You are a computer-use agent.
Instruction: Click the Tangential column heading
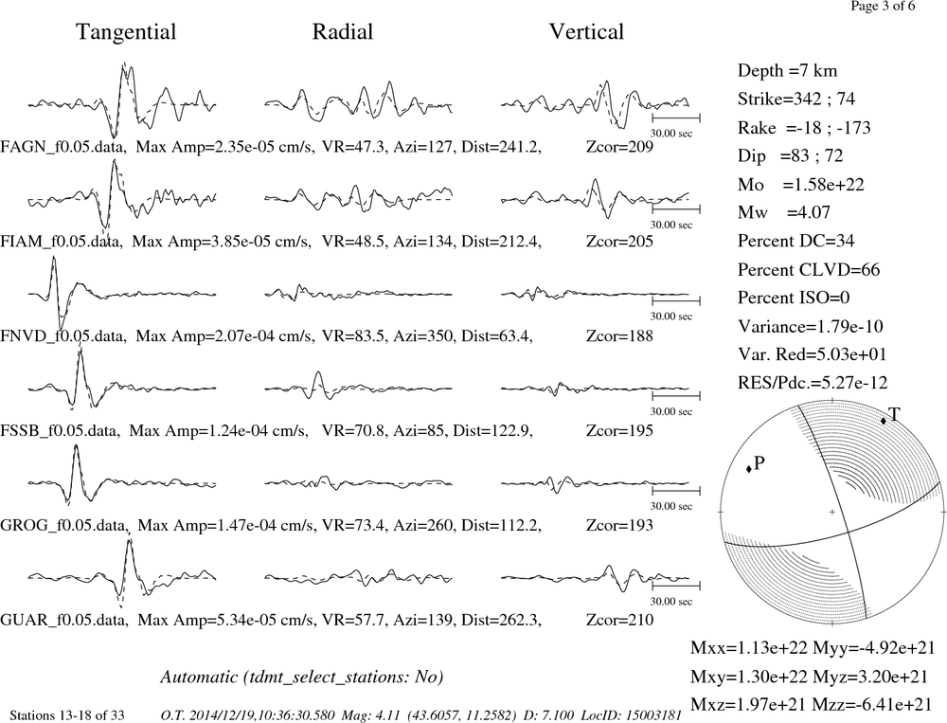(126, 32)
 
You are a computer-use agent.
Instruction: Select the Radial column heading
(343, 32)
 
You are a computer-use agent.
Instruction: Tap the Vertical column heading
(586, 32)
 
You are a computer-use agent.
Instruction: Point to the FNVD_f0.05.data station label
(63, 335)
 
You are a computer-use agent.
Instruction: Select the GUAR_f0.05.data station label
(63, 620)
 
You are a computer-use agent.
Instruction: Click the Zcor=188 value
(619, 335)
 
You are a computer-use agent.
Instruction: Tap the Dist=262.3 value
(501, 620)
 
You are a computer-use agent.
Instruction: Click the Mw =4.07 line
(784, 212)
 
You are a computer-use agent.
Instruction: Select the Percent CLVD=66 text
(809, 270)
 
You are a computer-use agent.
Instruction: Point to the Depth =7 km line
(788, 71)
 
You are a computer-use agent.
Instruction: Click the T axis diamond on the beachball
(883, 421)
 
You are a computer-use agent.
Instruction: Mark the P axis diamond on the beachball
(749, 468)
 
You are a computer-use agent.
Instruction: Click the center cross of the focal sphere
(832, 512)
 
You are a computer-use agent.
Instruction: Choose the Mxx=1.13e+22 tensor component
(749, 647)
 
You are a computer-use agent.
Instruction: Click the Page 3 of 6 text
(883, 6)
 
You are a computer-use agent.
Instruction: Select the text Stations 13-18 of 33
(67, 715)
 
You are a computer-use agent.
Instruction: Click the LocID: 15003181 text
(631, 715)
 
